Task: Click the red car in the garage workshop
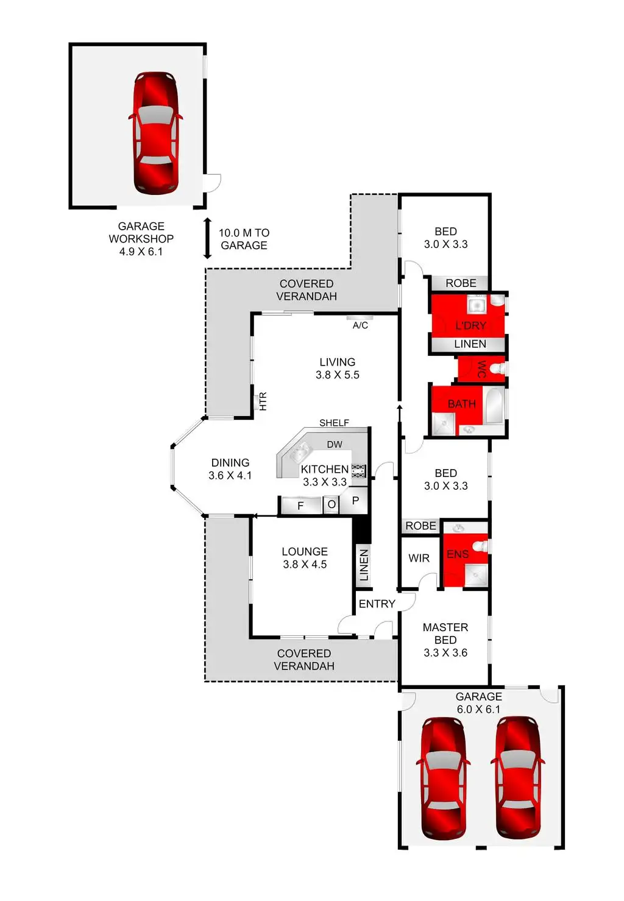click(x=155, y=133)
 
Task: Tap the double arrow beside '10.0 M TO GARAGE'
click(x=207, y=238)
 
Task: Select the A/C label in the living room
click(x=360, y=325)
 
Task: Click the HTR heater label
click(x=263, y=401)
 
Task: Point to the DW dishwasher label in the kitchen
click(x=335, y=445)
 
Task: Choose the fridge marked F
click(x=301, y=506)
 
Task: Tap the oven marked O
click(x=331, y=505)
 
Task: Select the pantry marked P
click(x=355, y=501)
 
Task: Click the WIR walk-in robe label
click(x=419, y=558)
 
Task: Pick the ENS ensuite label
click(x=458, y=554)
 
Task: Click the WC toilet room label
click(x=482, y=369)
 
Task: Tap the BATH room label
click(x=461, y=404)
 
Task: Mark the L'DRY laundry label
click(x=470, y=325)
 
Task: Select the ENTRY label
click(x=377, y=604)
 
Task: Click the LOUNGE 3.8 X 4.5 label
click(x=305, y=558)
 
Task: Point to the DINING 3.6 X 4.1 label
click(x=230, y=469)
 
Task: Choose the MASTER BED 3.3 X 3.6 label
click(x=445, y=640)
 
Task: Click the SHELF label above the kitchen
click(x=334, y=423)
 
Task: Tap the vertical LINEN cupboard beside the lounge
click(x=364, y=565)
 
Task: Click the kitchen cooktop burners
click(x=358, y=471)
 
